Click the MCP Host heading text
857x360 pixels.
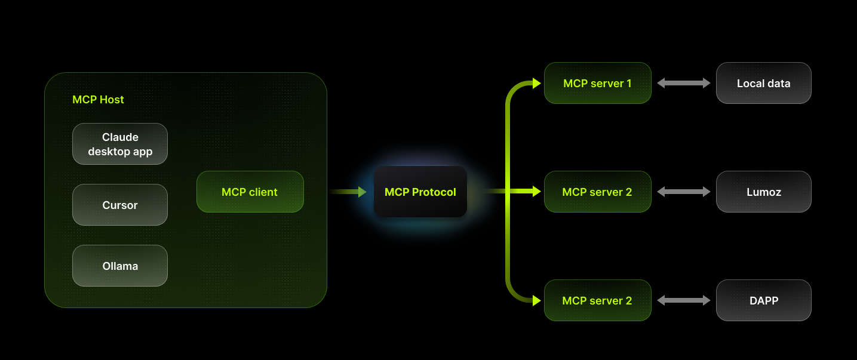(98, 100)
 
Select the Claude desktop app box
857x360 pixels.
(120, 144)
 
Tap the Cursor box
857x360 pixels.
(120, 205)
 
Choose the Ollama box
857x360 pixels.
(120, 266)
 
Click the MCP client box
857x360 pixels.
(250, 192)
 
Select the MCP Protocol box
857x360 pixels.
(420, 192)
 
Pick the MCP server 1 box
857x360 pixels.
(597, 83)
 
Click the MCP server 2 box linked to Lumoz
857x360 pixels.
(597, 192)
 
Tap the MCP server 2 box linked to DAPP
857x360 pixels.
(597, 300)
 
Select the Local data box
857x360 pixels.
(763, 83)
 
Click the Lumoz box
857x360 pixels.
(763, 192)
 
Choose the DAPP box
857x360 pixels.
(763, 300)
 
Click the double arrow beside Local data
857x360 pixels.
(684, 83)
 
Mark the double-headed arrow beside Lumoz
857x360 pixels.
(684, 192)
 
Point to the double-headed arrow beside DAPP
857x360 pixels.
(684, 300)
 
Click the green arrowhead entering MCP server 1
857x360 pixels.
(536, 83)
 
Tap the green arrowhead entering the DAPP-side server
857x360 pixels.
(536, 300)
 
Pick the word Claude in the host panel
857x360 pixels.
(120, 137)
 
